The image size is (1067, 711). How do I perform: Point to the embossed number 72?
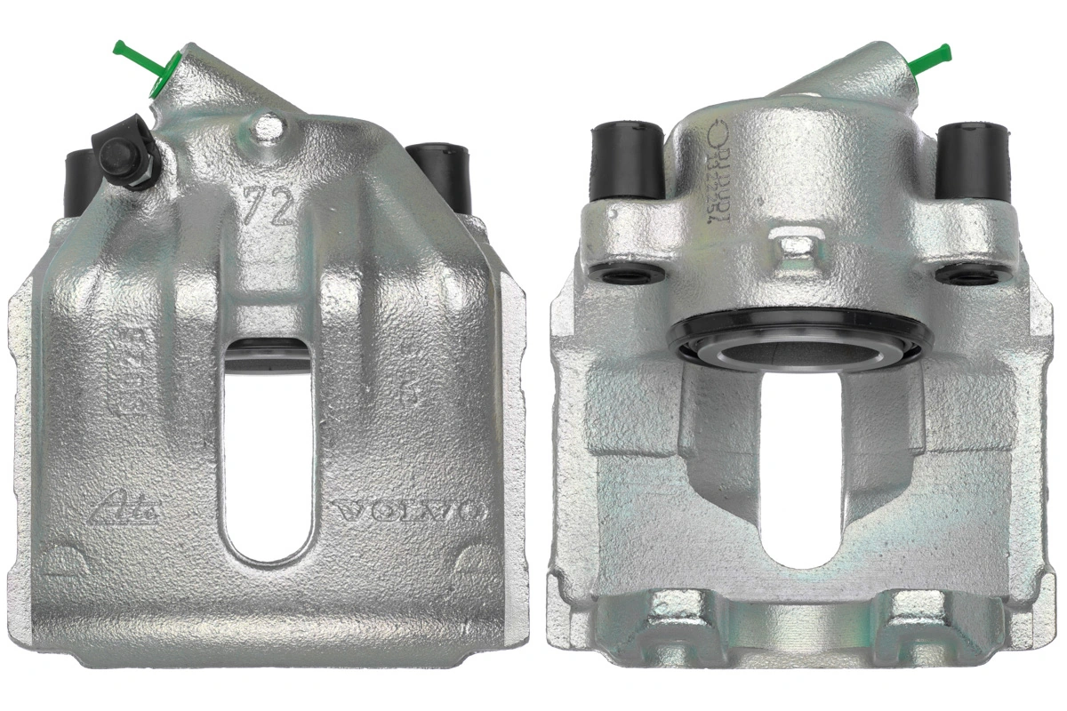coord(268,207)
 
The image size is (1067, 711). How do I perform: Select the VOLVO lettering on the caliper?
coord(408,513)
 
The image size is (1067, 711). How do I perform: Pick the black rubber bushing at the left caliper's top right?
coord(440,173)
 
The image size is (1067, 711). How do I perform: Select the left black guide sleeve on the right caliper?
coord(628,160)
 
